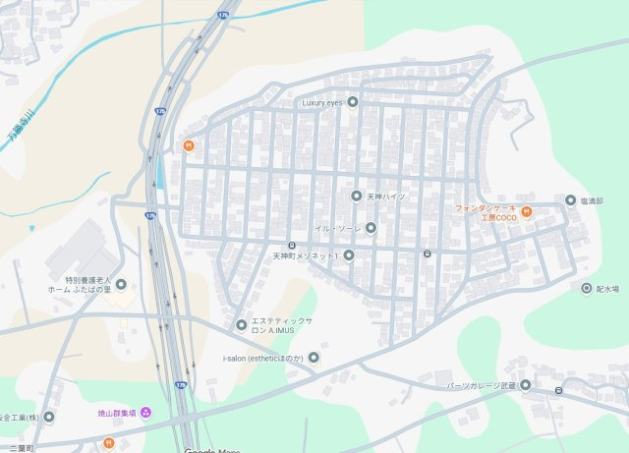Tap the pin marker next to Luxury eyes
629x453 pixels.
tap(353, 101)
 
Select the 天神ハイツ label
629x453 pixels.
tap(386, 197)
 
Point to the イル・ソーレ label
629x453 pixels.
tap(338, 228)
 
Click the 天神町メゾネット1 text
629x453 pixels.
tap(305, 255)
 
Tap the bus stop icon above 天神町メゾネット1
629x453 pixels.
tap(291, 245)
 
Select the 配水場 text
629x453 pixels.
tap(607, 289)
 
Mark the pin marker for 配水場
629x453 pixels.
tap(587, 289)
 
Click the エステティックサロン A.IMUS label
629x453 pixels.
tap(282, 325)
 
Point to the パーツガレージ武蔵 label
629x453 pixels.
tap(482, 385)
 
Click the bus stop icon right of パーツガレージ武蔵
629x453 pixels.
tap(558, 391)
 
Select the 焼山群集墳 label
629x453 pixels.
tap(117, 413)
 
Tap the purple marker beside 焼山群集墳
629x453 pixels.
tap(146, 412)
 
